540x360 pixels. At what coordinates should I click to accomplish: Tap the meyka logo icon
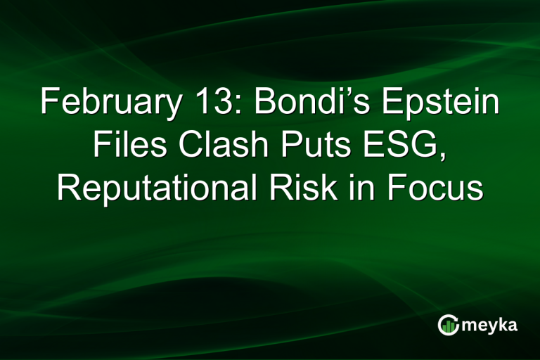pos(447,324)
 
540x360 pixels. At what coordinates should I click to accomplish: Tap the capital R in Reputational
pos(67,188)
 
